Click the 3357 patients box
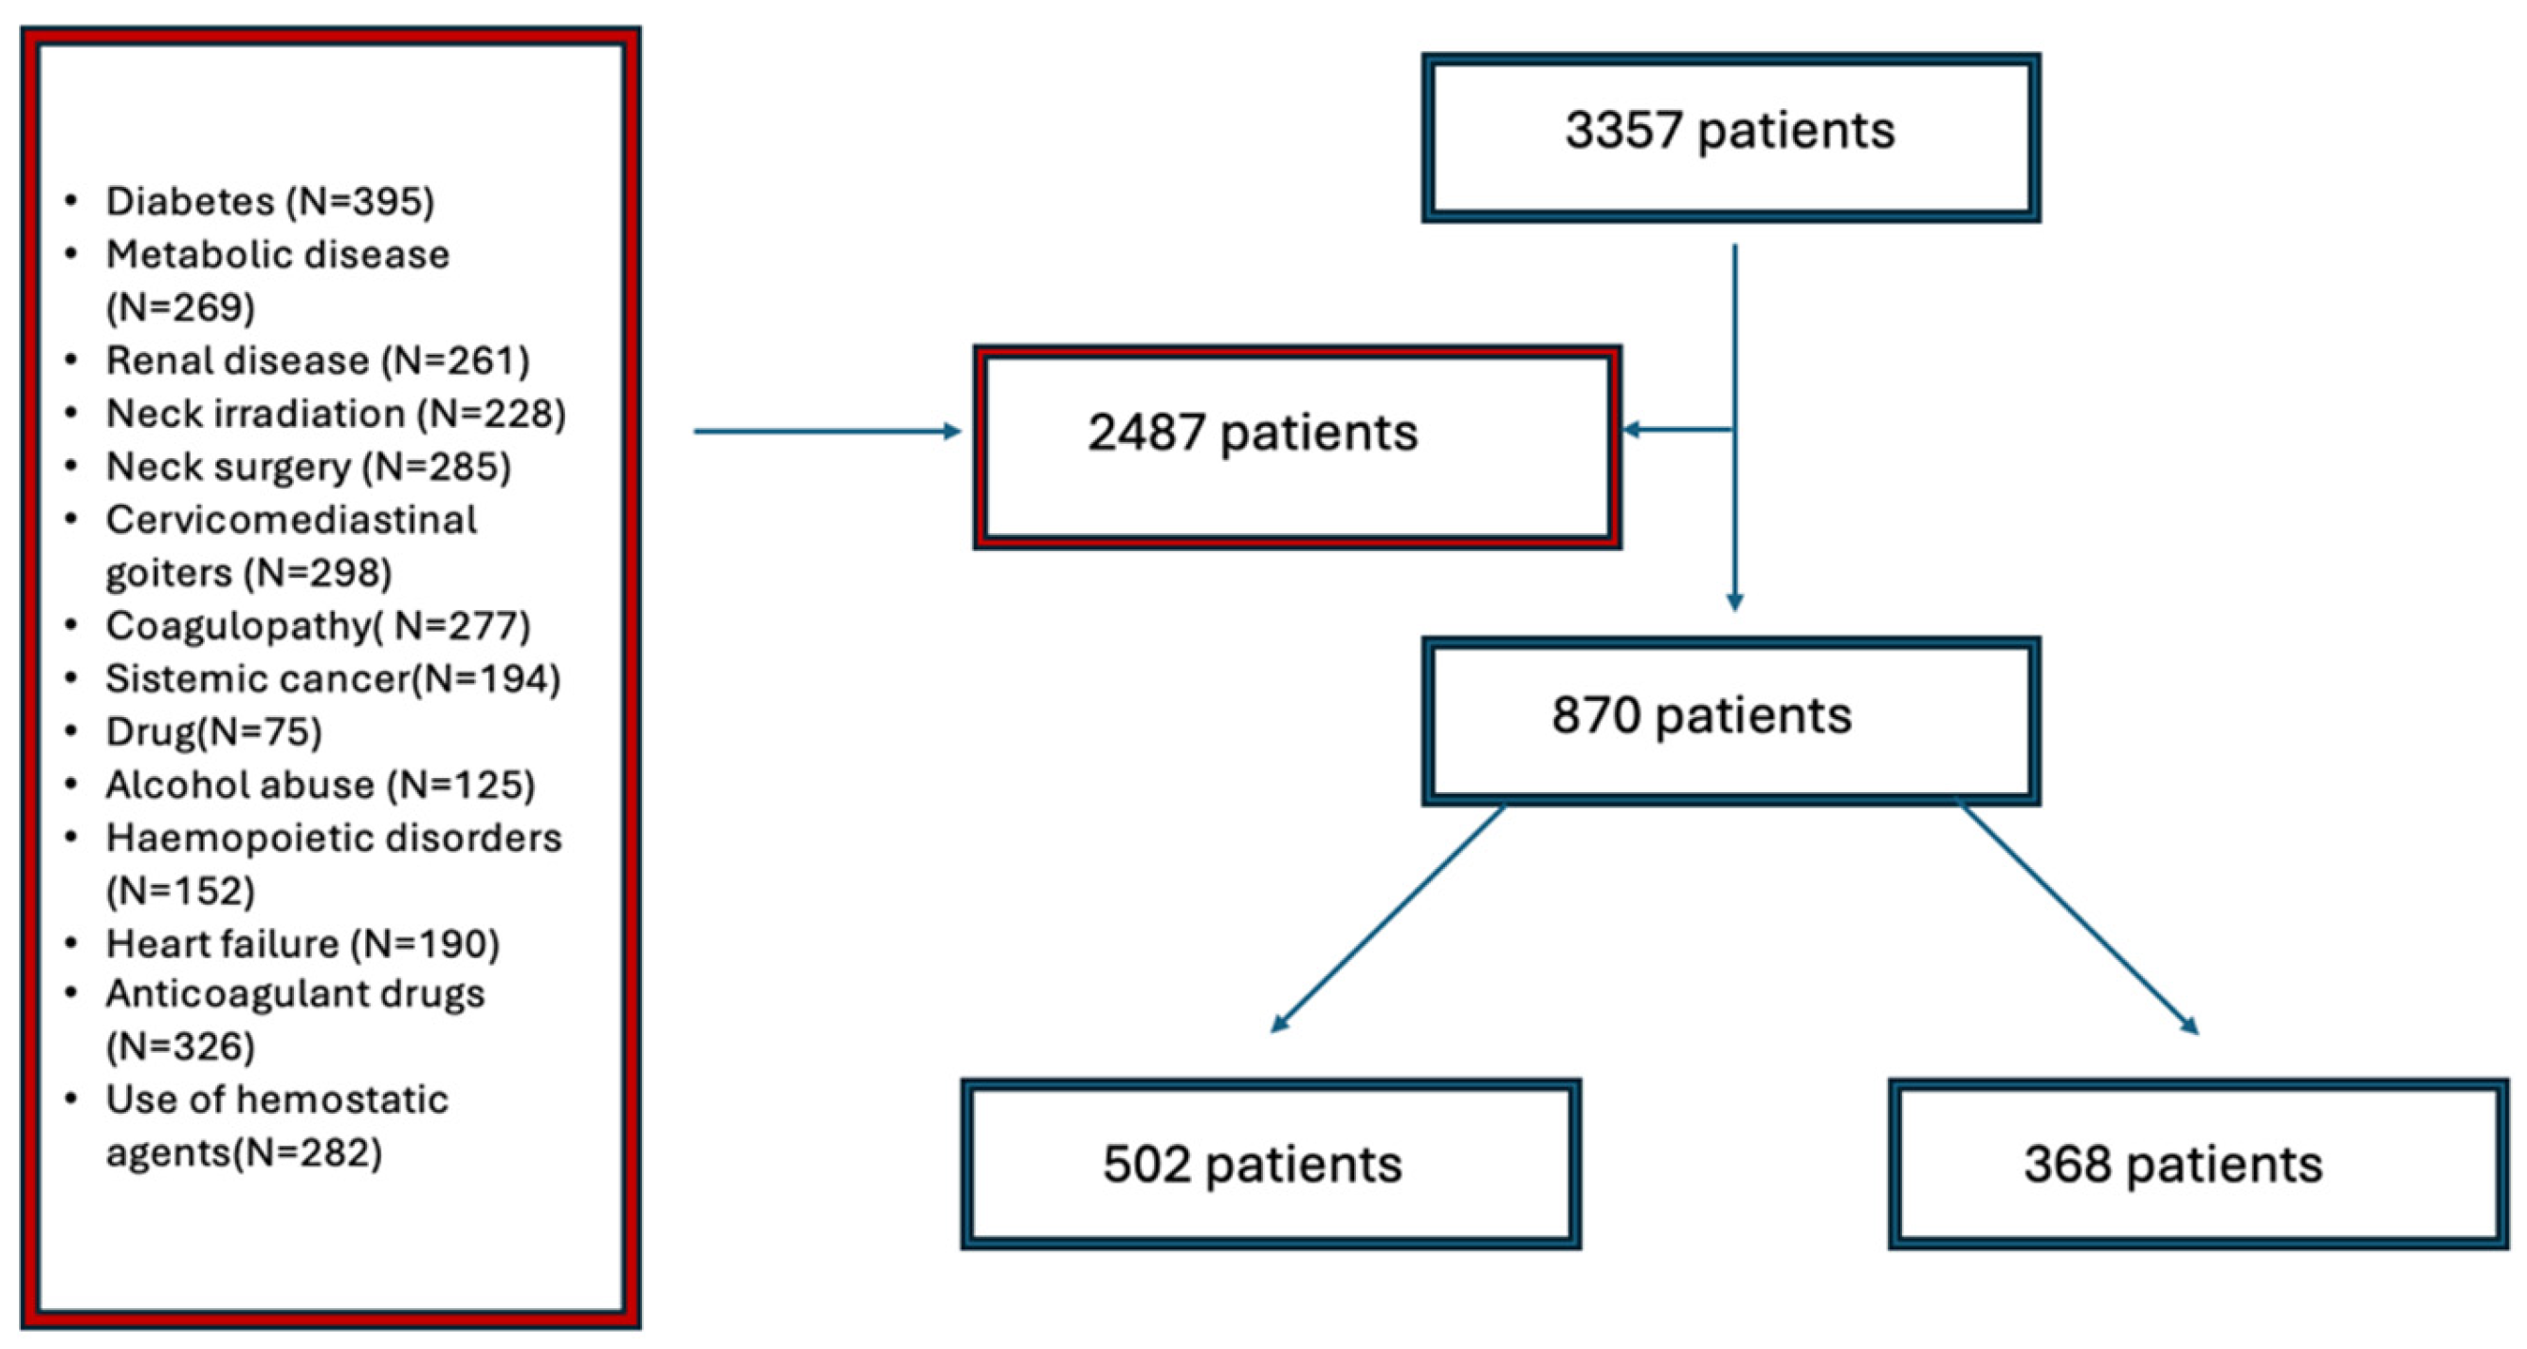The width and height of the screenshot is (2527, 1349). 1730,138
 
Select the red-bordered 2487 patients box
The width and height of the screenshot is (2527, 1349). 1297,447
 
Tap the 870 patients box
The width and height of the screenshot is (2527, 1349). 1730,720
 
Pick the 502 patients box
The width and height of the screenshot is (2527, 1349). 1271,1164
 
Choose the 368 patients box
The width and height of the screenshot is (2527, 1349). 2197,1164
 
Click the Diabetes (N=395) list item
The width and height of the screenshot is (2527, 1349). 270,201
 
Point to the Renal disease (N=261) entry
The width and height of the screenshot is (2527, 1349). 317,360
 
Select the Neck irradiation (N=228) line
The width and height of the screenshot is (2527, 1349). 336,413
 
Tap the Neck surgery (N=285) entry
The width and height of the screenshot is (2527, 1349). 308,467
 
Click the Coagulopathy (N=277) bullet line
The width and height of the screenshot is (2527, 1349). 317,626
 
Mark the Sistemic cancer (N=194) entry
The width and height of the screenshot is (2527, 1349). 333,679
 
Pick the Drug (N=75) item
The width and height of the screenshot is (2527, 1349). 214,731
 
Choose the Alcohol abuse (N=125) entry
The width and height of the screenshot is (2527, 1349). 320,785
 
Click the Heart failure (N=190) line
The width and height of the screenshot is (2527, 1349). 302,944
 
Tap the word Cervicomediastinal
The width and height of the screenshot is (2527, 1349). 291,520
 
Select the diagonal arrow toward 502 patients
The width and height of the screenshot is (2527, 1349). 1387,918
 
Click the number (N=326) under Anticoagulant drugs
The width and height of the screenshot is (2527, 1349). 180,1046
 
